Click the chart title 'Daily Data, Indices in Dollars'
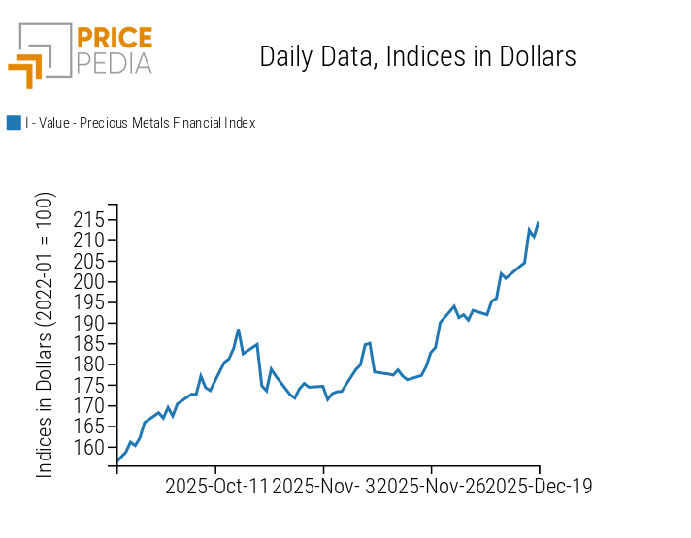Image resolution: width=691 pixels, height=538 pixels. click(417, 56)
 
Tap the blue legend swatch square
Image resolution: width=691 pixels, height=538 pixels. click(14, 123)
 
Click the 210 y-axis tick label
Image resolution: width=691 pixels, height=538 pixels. click(90, 240)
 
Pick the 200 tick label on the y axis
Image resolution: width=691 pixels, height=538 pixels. click(90, 282)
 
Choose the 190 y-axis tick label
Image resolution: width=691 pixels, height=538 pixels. click(90, 324)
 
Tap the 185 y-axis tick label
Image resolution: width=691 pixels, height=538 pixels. click(90, 344)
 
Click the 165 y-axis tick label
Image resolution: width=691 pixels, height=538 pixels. click(90, 427)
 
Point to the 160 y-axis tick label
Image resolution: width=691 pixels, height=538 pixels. click(90, 448)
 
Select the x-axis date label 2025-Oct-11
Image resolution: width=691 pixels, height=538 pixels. click(215, 486)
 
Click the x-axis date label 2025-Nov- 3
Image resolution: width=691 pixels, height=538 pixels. click(323, 486)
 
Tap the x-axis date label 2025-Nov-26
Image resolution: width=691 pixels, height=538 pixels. click(431, 486)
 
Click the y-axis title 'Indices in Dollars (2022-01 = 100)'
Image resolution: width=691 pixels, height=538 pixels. click(46, 334)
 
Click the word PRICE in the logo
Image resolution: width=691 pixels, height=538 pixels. click(114, 39)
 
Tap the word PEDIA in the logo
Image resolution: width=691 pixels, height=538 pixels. click(114, 63)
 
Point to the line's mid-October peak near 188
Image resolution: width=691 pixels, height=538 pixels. click(238, 330)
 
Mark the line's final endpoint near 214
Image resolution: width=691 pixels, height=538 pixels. click(538, 223)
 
